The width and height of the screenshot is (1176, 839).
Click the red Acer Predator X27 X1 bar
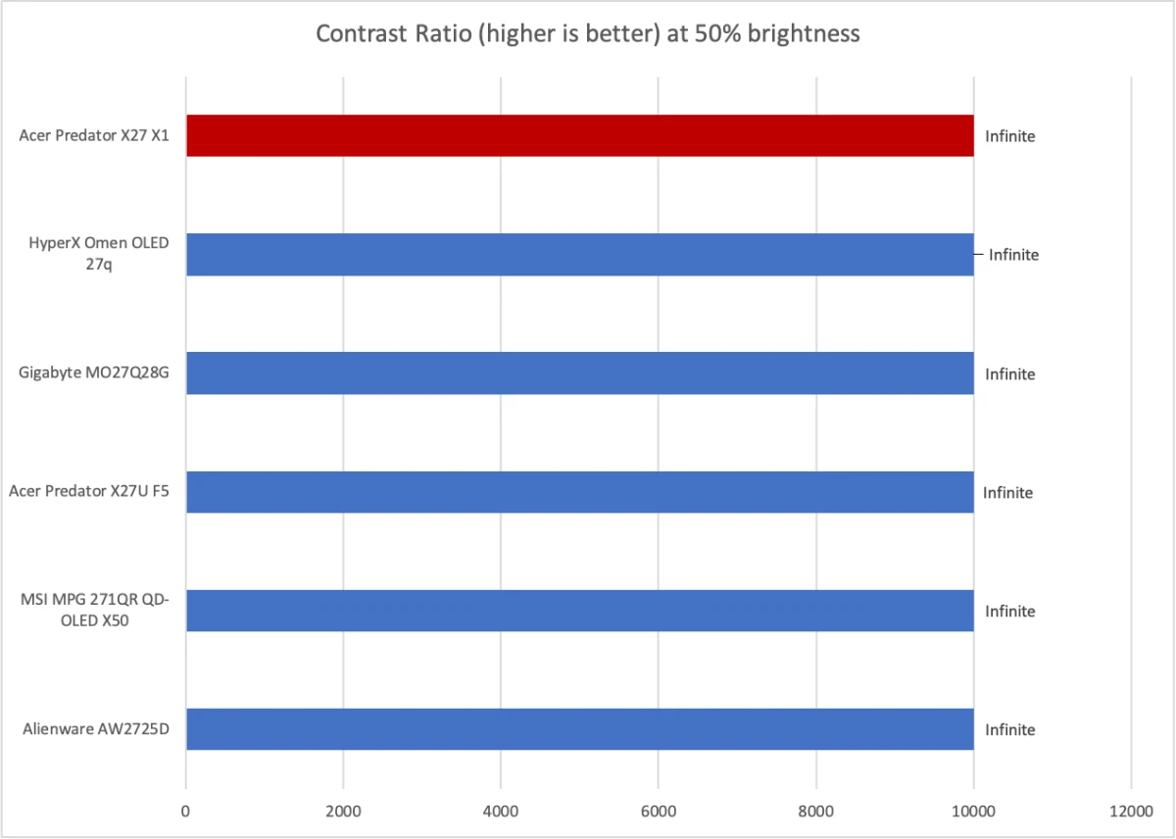coord(579,135)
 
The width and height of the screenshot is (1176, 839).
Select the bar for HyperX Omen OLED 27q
coord(579,254)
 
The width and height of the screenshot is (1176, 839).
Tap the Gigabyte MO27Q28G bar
coord(579,373)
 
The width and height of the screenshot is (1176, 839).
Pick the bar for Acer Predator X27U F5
coord(579,492)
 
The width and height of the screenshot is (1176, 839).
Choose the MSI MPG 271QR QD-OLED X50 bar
coord(579,611)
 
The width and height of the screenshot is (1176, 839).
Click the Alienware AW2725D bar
coord(579,729)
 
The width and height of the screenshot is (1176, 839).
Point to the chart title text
coord(587,34)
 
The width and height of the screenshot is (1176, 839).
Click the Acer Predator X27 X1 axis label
coord(94,136)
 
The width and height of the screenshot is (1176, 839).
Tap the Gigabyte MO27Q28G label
coord(94,373)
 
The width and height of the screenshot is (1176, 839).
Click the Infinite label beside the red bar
coord(1009,136)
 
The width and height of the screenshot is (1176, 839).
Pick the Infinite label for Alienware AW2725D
coord(1009,729)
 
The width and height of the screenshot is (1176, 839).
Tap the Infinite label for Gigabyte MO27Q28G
coord(1009,373)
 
